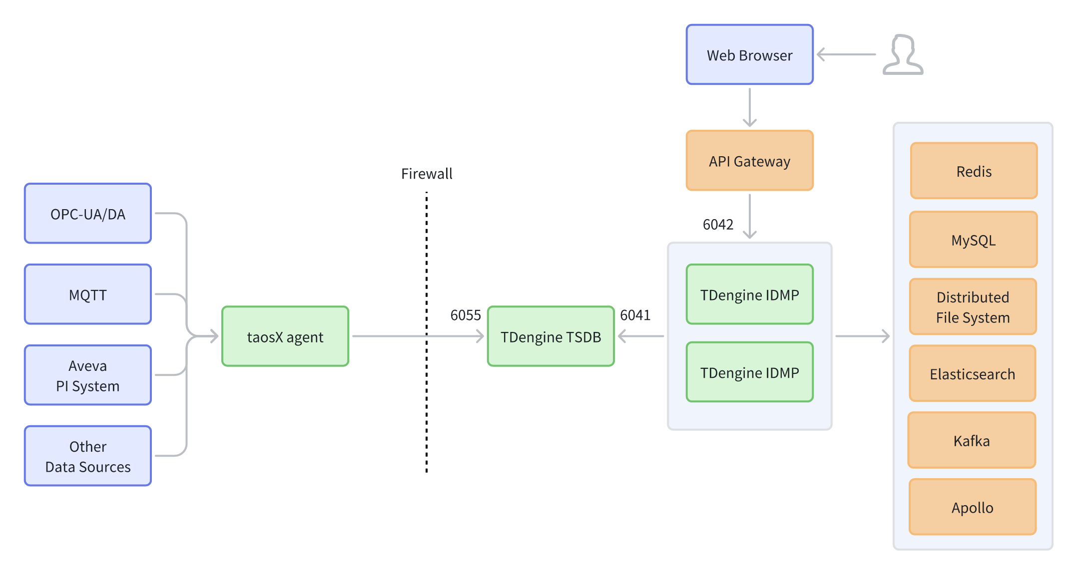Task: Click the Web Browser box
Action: pyautogui.click(x=749, y=55)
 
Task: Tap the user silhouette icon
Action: pyautogui.click(x=903, y=55)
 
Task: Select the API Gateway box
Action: pyautogui.click(x=749, y=161)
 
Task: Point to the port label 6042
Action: pyautogui.click(x=718, y=225)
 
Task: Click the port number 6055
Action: pyautogui.click(x=465, y=315)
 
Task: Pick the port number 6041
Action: pyautogui.click(x=635, y=315)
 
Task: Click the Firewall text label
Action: pyautogui.click(x=427, y=174)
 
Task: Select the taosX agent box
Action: pyautogui.click(x=285, y=336)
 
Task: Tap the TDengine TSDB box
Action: pyautogui.click(x=550, y=336)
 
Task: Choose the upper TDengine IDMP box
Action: pyautogui.click(x=749, y=294)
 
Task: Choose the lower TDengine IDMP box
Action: pyautogui.click(x=749, y=372)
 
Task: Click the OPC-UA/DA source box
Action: pyautogui.click(x=88, y=214)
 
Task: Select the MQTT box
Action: pyautogui.click(x=88, y=294)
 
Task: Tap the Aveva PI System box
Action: pyautogui.click(x=88, y=375)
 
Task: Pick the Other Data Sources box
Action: pyautogui.click(x=88, y=456)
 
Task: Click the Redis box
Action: pyautogui.click(x=974, y=171)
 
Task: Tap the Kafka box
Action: pyautogui.click(x=972, y=441)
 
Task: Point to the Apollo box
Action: pyautogui.click(x=972, y=508)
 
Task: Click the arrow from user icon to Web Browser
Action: pyautogui.click(x=847, y=54)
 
